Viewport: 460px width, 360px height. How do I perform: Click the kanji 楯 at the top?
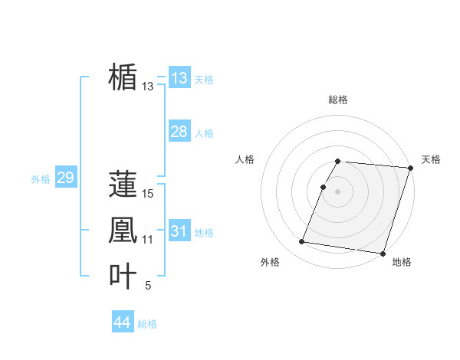pyautogui.click(x=123, y=77)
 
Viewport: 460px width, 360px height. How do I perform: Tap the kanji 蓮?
pyautogui.click(x=123, y=185)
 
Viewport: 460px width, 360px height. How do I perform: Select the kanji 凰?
pyautogui.click(x=123, y=231)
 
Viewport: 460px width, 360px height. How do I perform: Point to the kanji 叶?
pyautogui.click(x=123, y=277)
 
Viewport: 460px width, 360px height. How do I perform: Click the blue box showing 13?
pyautogui.click(x=179, y=77)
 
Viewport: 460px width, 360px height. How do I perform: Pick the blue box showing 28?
pyautogui.click(x=179, y=132)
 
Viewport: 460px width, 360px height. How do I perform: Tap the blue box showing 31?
pyautogui.click(x=179, y=231)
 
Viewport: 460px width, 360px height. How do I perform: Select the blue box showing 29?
pyautogui.click(x=65, y=178)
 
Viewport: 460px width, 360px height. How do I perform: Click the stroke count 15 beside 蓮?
pyautogui.click(x=148, y=195)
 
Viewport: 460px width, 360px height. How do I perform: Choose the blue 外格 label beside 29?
pyautogui.click(x=41, y=179)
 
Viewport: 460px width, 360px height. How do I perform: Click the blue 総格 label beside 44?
pyautogui.click(x=147, y=324)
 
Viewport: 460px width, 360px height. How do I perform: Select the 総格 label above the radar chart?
pyautogui.click(x=337, y=100)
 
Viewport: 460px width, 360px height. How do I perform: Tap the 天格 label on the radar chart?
pyautogui.click(x=431, y=159)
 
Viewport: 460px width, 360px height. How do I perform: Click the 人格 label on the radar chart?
pyautogui.click(x=245, y=159)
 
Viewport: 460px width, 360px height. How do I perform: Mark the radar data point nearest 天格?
pyautogui.click(x=410, y=168)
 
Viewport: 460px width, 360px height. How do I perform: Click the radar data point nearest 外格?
pyautogui.click(x=301, y=242)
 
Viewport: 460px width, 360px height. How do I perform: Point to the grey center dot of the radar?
pyautogui.click(x=337, y=191)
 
